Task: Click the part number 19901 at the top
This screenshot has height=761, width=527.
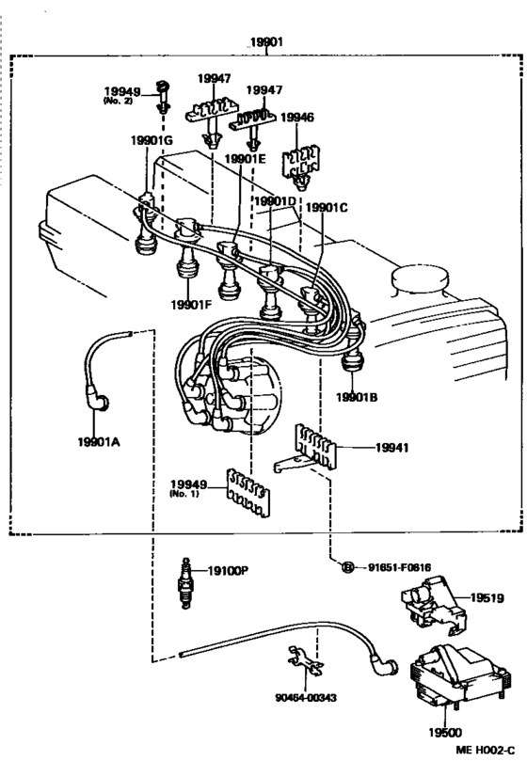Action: [267, 42]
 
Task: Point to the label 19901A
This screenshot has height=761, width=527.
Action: [97, 440]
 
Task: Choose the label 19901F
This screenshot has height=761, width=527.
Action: [192, 303]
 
